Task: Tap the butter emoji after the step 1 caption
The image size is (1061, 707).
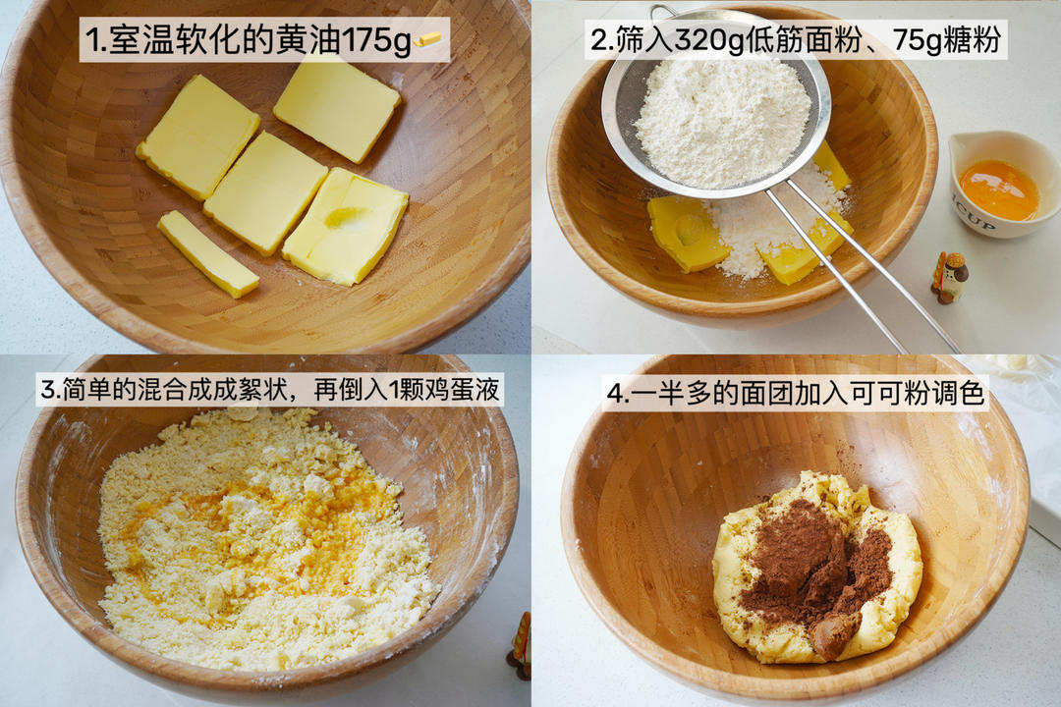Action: click(x=427, y=40)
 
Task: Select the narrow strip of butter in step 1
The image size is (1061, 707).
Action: click(x=207, y=253)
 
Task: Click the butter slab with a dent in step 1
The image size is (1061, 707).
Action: click(x=346, y=225)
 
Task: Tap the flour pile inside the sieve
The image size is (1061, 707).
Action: click(x=722, y=122)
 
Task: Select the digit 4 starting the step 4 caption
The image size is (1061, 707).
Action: click(x=614, y=394)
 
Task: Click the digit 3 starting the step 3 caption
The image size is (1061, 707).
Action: click(x=47, y=390)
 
